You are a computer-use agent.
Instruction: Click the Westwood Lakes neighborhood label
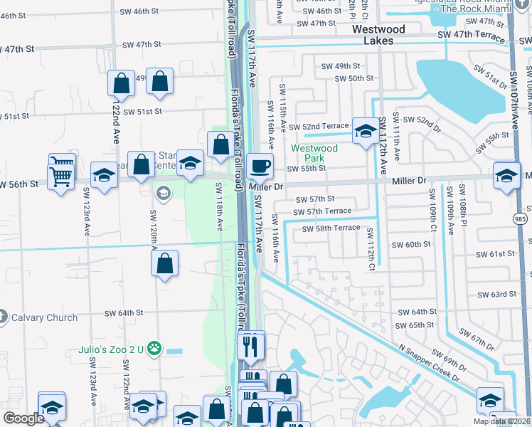tap(379, 35)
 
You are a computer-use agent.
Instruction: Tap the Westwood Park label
tap(314, 154)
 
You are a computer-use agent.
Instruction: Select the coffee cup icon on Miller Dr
tap(261, 167)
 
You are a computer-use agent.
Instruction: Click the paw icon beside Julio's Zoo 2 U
tap(154, 349)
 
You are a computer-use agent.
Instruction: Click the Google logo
tap(23, 418)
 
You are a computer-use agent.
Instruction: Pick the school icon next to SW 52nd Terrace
tap(366, 130)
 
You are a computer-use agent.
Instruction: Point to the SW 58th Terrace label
tap(331, 228)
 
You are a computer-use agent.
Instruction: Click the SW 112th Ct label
tap(371, 242)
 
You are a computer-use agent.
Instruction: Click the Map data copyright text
tap(502, 421)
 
